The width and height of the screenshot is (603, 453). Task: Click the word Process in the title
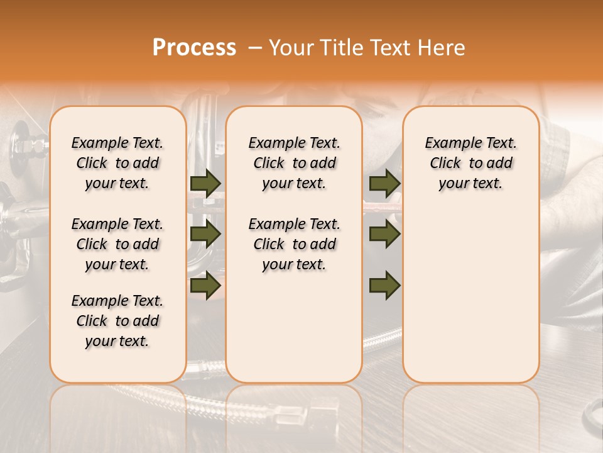194,48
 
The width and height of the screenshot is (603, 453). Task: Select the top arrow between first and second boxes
205,183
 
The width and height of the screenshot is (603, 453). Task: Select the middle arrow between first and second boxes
205,234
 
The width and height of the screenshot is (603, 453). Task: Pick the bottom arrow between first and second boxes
205,285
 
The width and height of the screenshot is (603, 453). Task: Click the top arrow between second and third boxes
384,183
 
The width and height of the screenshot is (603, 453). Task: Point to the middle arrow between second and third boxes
384,234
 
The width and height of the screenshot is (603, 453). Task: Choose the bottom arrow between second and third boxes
384,285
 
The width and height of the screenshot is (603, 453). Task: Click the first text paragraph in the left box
117,163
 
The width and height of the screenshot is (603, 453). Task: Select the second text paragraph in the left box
117,244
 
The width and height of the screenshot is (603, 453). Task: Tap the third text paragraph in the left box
117,321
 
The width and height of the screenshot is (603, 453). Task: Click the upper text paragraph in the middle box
294,163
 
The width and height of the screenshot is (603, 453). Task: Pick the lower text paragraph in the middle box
294,244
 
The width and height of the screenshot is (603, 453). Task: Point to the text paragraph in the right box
470,163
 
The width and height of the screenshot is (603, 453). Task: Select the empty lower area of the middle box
294,327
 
